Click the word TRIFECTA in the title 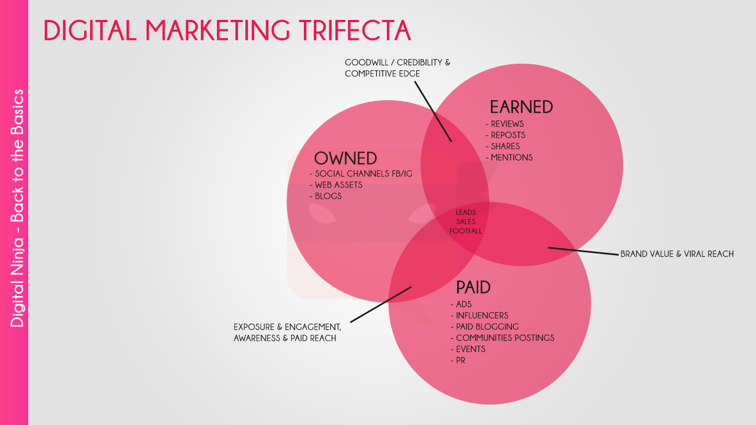click(x=355, y=30)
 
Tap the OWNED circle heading click(x=345, y=158)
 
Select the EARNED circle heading click(x=521, y=107)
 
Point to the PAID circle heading click(x=473, y=288)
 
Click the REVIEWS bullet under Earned click(x=505, y=124)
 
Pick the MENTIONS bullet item click(x=509, y=158)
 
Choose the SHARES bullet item click(x=503, y=147)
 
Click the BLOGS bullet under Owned click(x=325, y=196)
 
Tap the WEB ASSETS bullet click(x=336, y=185)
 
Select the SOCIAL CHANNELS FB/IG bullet click(x=361, y=174)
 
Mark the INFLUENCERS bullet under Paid click(x=480, y=315)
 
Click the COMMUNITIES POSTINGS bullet click(x=503, y=338)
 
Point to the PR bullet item click(x=458, y=360)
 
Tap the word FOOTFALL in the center click(x=466, y=231)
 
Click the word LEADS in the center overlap click(x=466, y=212)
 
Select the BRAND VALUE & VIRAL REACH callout click(x=677, y=254)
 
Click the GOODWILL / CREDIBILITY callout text click(x=397, y=68)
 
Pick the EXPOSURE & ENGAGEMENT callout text click(x=287, y=333)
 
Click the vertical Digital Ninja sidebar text click(x=17, y=208)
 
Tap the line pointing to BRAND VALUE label click(x=583, y=251)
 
